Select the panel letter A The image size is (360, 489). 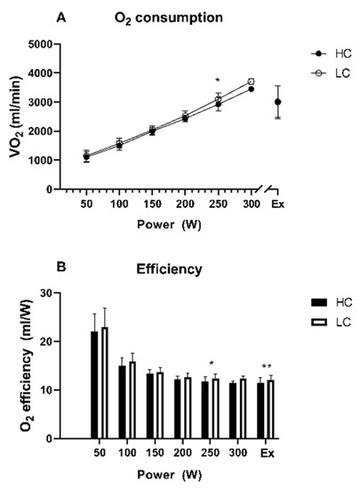[x=85, y=17]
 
